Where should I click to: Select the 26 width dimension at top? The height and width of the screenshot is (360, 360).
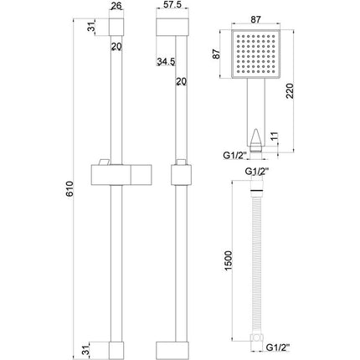117,6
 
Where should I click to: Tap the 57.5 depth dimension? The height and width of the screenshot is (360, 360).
172,6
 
